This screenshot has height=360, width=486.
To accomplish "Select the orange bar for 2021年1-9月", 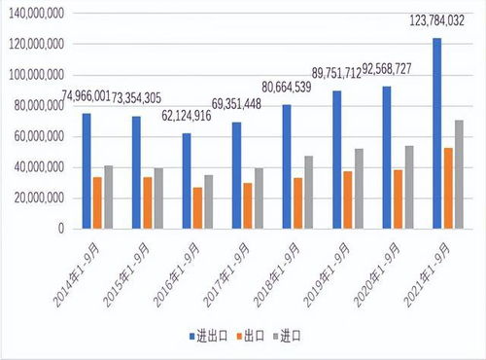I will (447, 189).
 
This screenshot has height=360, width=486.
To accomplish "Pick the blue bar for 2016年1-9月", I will (186, 181).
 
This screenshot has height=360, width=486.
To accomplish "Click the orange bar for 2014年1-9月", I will (97, 203).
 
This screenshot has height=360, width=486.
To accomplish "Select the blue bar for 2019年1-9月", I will (336, 160).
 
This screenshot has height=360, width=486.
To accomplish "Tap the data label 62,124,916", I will (186, 116).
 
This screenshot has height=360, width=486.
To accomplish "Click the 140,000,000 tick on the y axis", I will (34, 14).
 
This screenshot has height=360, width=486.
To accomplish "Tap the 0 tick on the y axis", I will (60, 230).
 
